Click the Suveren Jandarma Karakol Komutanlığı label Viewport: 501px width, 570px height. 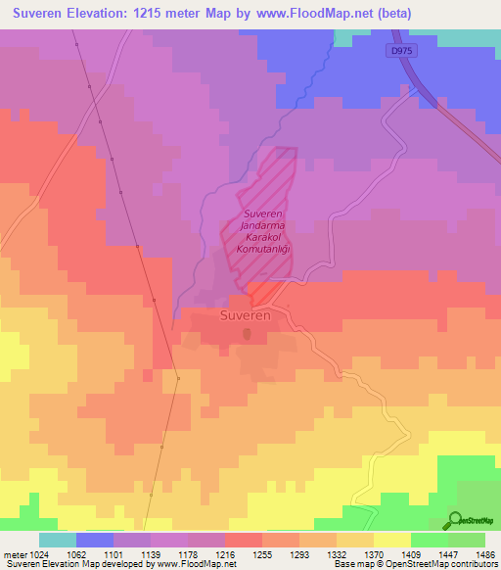coord(261,231)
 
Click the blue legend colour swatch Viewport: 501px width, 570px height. coord(95,540)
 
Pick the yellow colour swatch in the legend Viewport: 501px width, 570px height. coord(392,540)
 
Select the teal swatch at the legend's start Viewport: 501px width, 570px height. coord(58,540)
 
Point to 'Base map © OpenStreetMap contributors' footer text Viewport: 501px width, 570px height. coord(412,563)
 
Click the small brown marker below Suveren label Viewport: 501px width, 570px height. coord(248,335)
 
